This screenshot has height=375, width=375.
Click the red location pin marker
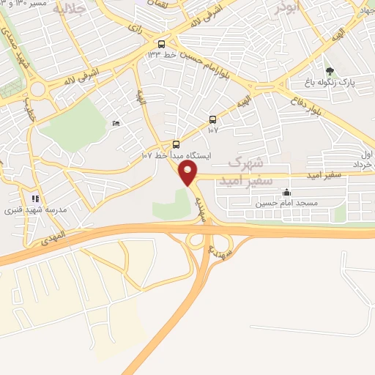pos(188,173)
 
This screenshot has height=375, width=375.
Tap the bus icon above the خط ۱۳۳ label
pos(161,42)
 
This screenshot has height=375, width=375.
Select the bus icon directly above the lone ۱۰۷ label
pos(212,119)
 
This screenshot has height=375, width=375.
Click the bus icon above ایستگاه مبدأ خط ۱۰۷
pos(176,144)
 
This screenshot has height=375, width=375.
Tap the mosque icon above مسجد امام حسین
pos(286,193)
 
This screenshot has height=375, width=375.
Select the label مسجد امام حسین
pos(279,203)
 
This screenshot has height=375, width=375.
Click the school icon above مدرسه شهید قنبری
pos(34,198)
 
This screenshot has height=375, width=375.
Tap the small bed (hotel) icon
pos(116,124)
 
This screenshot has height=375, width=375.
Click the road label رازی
pos(135,29)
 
